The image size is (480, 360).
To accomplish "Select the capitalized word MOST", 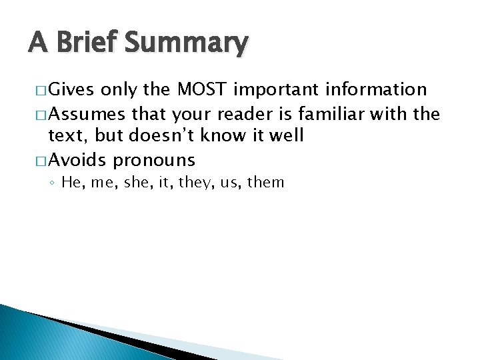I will pos(196,89).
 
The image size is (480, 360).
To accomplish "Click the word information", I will pos(375,89).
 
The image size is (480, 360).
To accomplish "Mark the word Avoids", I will pos(79,160).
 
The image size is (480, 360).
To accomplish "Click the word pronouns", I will pos(154,161).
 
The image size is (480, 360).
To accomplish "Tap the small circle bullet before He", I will pos(53,183).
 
